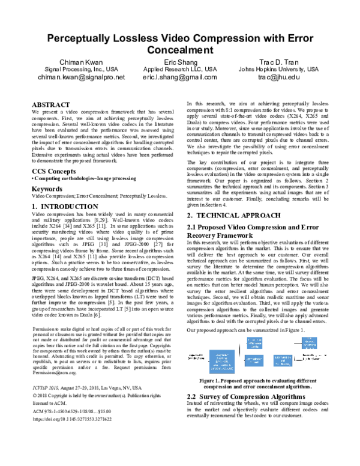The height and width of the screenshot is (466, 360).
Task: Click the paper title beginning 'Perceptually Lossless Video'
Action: click(180, 43)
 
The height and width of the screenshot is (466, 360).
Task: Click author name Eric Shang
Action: click(180, 62)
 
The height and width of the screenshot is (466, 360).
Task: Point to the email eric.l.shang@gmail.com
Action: click(180, 77)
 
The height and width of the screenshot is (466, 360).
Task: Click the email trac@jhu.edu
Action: click(281, 77)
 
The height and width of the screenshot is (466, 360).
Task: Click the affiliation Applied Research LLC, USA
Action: click(180, 70)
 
